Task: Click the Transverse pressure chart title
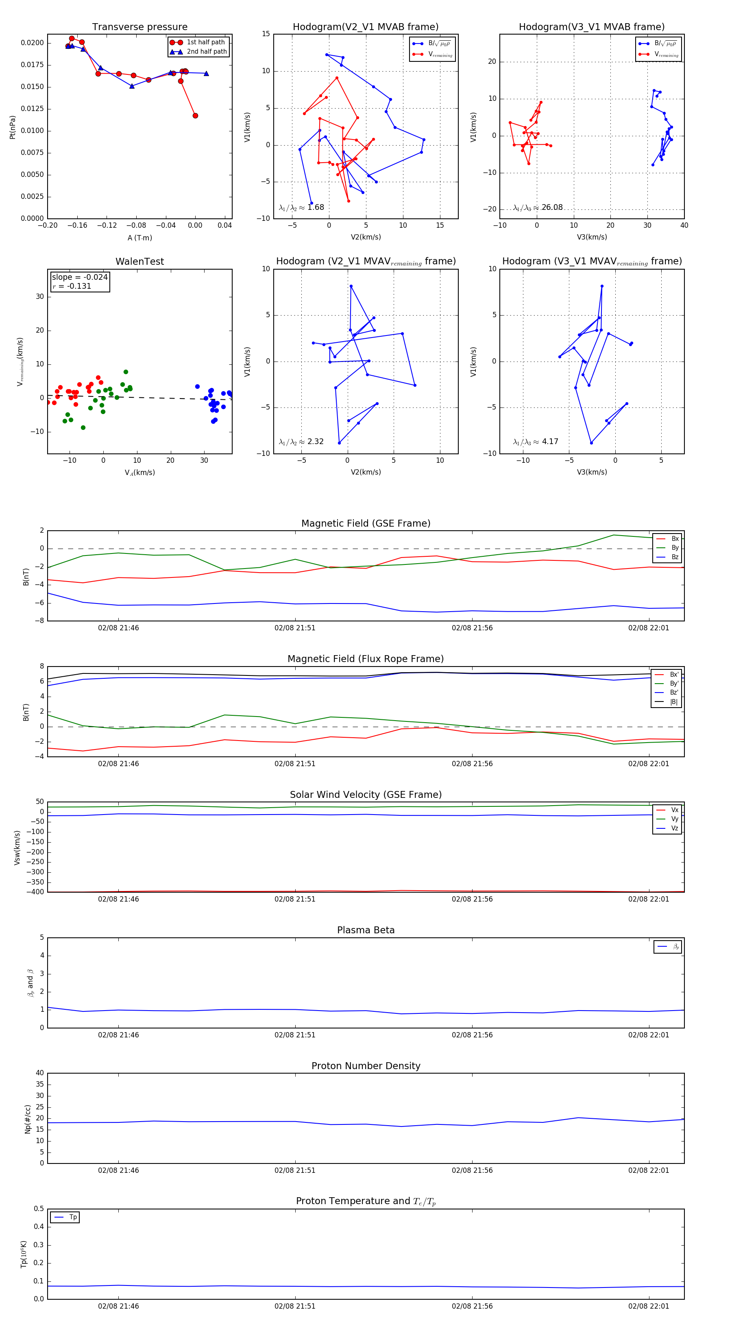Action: [x=139, y=27]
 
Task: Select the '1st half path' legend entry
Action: [x=205, y=42]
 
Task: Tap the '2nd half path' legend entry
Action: [x=206, y=52]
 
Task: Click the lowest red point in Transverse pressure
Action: [x=195, y=115]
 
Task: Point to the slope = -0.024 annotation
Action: [x=80, y=277]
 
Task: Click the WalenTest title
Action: [x=139, y=261]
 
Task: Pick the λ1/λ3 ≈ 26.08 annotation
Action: [x=538, y=207]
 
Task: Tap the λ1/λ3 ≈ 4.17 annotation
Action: [x=535, y=442]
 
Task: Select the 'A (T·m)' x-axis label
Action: [x=139, y=238]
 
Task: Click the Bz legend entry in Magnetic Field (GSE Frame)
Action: [x=674, y=557]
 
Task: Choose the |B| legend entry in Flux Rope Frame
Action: [x=673, y=702]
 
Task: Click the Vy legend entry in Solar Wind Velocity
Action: [x=674, y=819]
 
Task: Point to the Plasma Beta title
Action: [x=366, y=930]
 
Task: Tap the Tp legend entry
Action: [x=72, y=1217]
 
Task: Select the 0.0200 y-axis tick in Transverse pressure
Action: [x=32, y=43]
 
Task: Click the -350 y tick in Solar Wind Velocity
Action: [x=35, y=882]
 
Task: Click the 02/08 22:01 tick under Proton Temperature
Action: [x=649, y=1306]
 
